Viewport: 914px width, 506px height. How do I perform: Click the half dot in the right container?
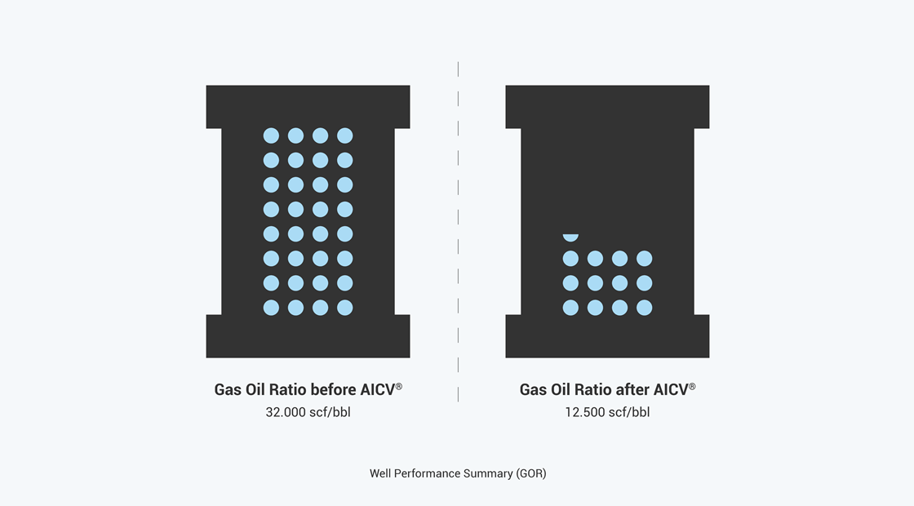(x=570, y=237)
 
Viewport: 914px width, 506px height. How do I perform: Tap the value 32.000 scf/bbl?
(x=308, y=412)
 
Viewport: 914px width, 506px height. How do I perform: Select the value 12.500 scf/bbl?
(x=607, y=412)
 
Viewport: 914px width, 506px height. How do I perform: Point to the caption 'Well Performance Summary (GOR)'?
(x=458, y=473)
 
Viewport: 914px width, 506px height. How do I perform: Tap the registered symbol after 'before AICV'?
(x=399, y=386)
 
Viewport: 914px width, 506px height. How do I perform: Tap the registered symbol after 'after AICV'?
(x=692, y=386)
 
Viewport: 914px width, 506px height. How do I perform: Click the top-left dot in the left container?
(x=271, y=135)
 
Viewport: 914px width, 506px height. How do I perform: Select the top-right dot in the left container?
(x=345, y=135)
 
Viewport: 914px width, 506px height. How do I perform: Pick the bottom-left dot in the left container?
(x=271, y=308)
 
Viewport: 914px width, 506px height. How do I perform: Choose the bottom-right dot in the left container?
(x=345, y=308)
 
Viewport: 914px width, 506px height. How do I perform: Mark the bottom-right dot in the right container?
(x=644, y=308)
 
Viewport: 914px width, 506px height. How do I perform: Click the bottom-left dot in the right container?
(x=570, y=308)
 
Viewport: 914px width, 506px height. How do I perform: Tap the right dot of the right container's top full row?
(x=644, y=258)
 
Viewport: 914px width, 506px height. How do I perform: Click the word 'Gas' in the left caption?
(x=228, y=389)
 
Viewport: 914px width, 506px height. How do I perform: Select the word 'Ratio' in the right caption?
(x=592, y=389)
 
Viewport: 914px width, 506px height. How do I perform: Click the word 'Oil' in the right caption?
(x=561, y=389)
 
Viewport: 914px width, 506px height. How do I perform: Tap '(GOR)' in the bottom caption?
(x=531, y=473)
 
